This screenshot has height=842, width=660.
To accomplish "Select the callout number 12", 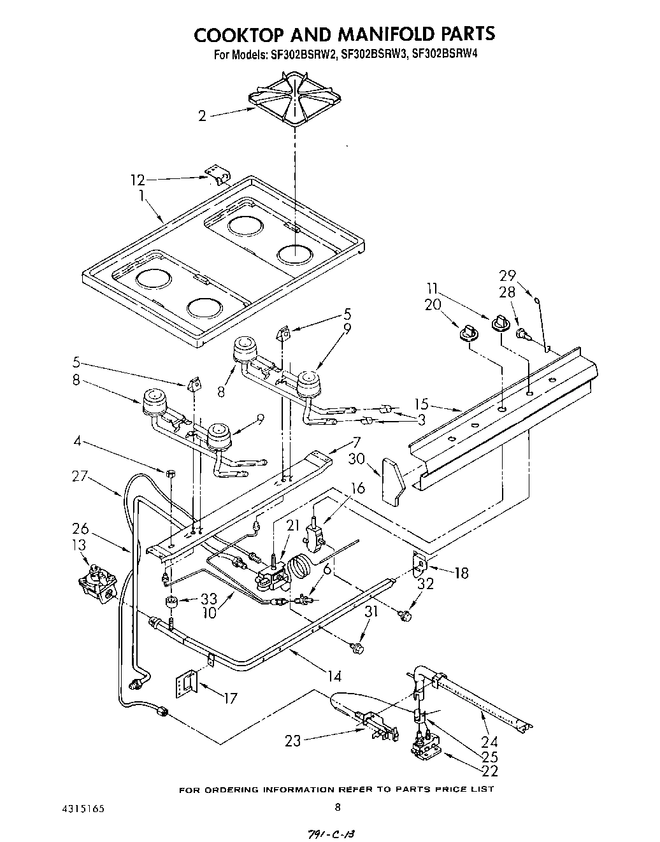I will (x=138, y=180).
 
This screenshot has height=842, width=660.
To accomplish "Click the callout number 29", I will (x=508, y=275).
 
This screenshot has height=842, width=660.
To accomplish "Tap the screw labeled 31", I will (x=357, y=648).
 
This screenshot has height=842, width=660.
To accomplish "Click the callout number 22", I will (x=489, y=771).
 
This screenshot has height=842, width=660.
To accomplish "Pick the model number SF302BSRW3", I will (x=374, y=55).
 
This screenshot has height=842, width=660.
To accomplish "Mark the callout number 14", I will (x=334, y=676).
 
